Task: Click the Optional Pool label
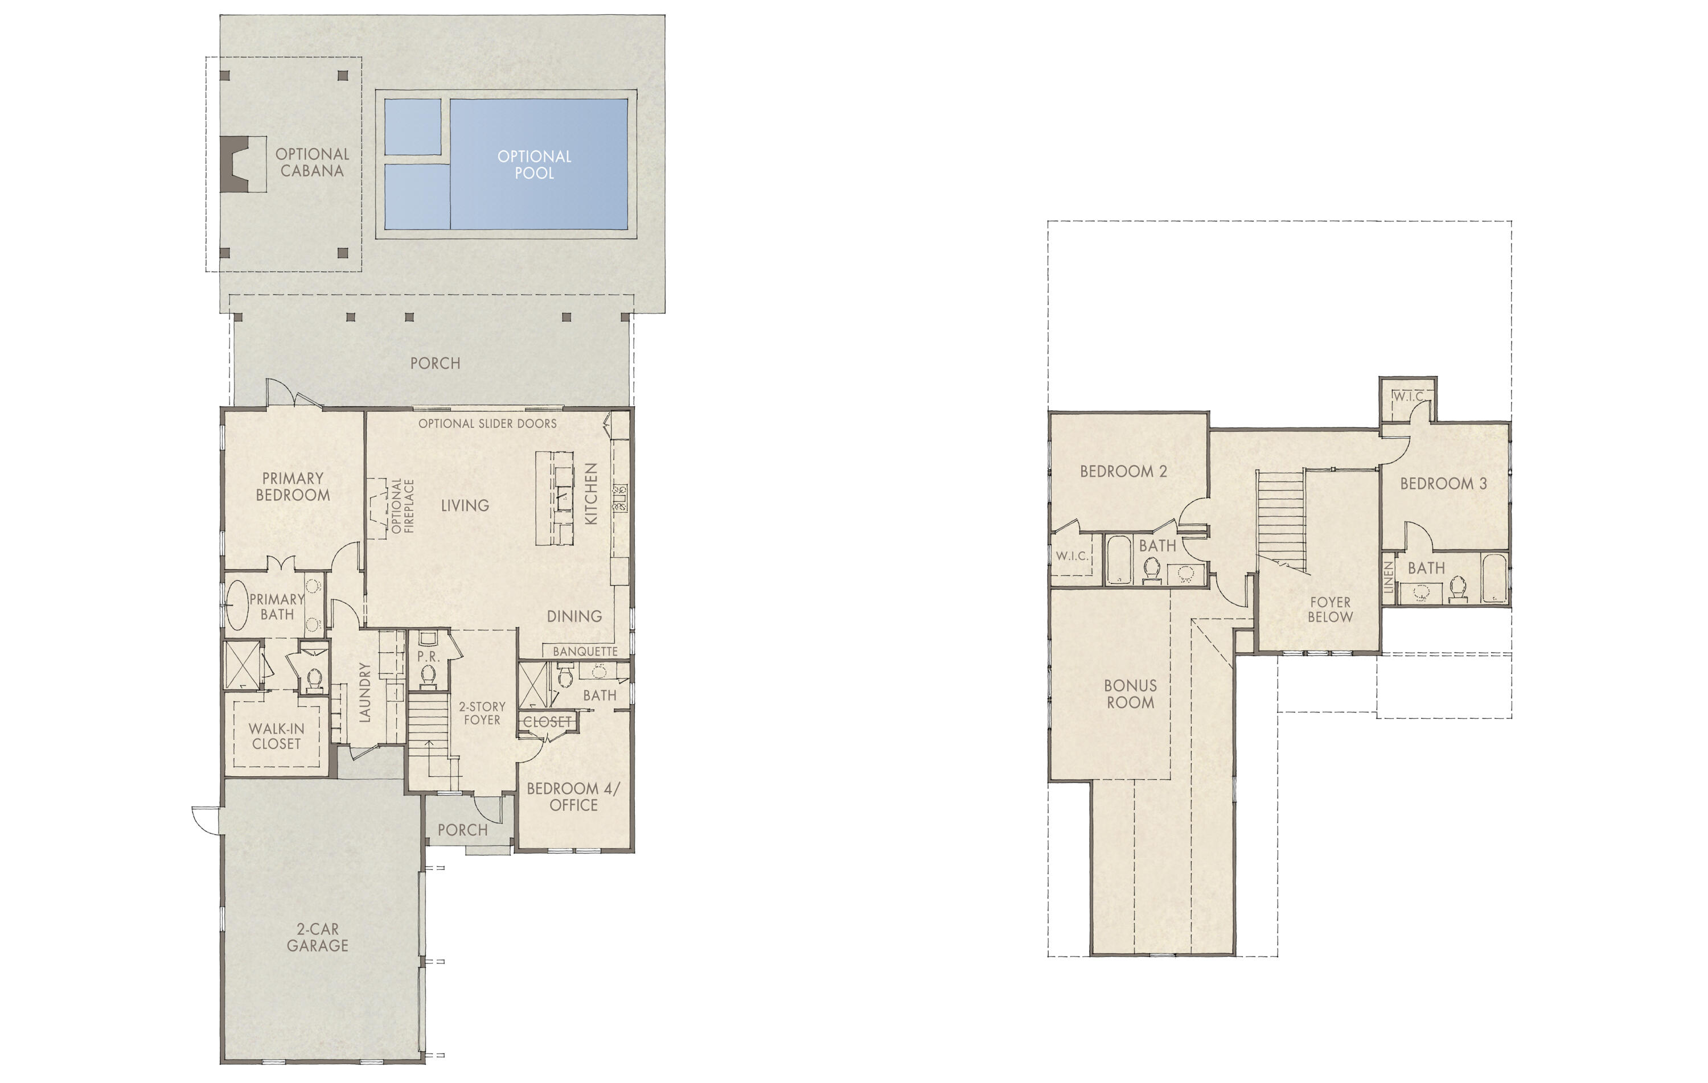pyautogui.click(x=534, y=164)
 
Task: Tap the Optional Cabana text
pyautogui.click(x=312, y=162)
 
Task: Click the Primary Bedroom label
pyautogui.click(x=293, y=487)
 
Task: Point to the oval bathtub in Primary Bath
pyautogui.click(x=237, y=604)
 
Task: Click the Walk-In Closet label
pyautogui.click(x=277, y=736)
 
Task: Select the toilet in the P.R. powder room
pyautogui.click(x=428, y=677)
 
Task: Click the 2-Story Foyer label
pyautogui.click(x=482, y=713)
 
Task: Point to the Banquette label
pyautogui.click(x=585, y=651)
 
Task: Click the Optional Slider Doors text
pyautogui.click(x=487, y=423)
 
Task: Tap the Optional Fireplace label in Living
pyautogui.click(x=402, y=505)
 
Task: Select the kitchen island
pyautogui.click(x=555, y=498)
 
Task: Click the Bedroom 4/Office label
pyautogui.click(x=573, y=797)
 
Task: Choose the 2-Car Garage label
pyautogui.click(x=317, y=937)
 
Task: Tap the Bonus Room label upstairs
pyautogui.click(x=1130, y=694)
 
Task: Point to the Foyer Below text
pyautogui.click(x=1330, y=610)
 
